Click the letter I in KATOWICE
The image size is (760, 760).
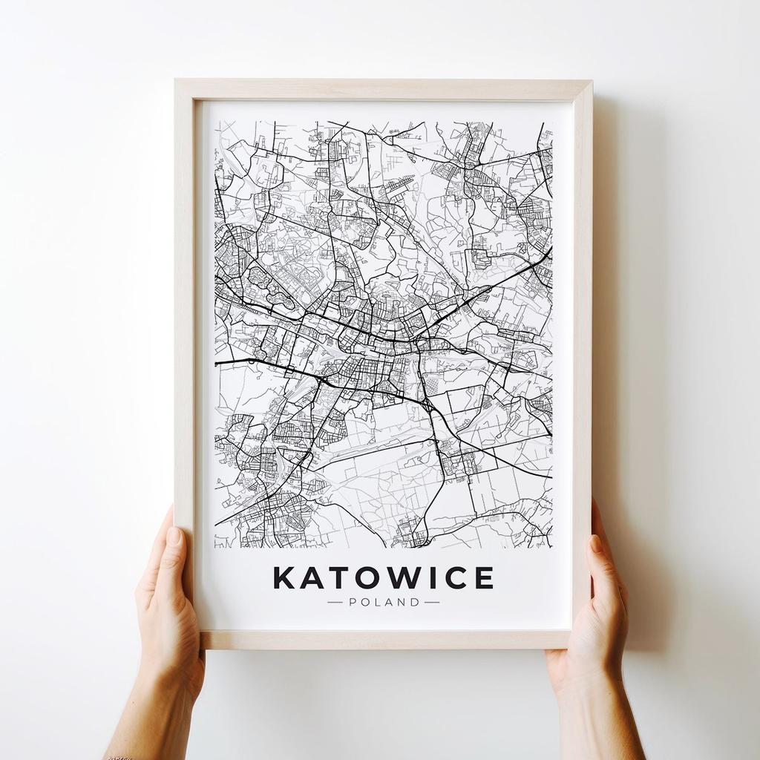(x=434, y=577)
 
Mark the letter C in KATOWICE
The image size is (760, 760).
(x=455, y=577)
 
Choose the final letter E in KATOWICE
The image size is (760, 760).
(x=484, y=577)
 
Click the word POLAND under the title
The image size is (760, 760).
(x=384, y=602)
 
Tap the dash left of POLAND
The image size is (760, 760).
(x=335, y=602)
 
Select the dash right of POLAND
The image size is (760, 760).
(x=432, y=602)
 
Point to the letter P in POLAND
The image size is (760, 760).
(x=353, y=602)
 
